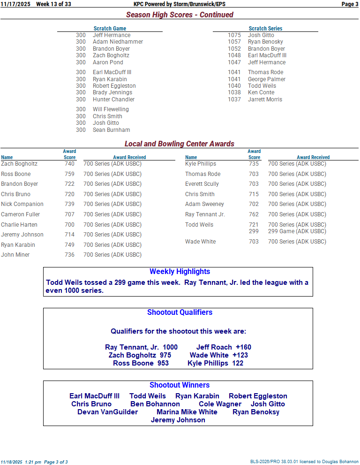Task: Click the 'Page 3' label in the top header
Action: pos(350,4)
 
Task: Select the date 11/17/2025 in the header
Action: pos(15,4)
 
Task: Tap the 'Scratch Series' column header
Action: pos(265,29)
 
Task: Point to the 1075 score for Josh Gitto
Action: pos(234,35)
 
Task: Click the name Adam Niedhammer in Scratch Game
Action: pos(118,42)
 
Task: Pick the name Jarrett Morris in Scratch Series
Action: pos(265,99)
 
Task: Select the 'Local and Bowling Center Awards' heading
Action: pos(180,144)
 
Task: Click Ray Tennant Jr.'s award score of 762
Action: pos(254,214)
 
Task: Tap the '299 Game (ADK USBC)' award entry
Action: pos(297,231)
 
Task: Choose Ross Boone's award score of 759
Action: pos(69,174)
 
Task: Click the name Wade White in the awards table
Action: pos(200,242)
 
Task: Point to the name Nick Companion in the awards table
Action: pos(22,204)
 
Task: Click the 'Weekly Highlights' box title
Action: pos(180,272)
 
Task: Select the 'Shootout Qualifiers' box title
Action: pos(180,313)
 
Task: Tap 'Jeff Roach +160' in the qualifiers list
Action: pos(224,347)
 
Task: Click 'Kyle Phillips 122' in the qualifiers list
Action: pos(215,363)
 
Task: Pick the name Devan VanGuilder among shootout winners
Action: pos(107,412)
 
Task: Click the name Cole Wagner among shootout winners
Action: pos(220,404)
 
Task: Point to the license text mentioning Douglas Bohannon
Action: pos(304,462)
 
